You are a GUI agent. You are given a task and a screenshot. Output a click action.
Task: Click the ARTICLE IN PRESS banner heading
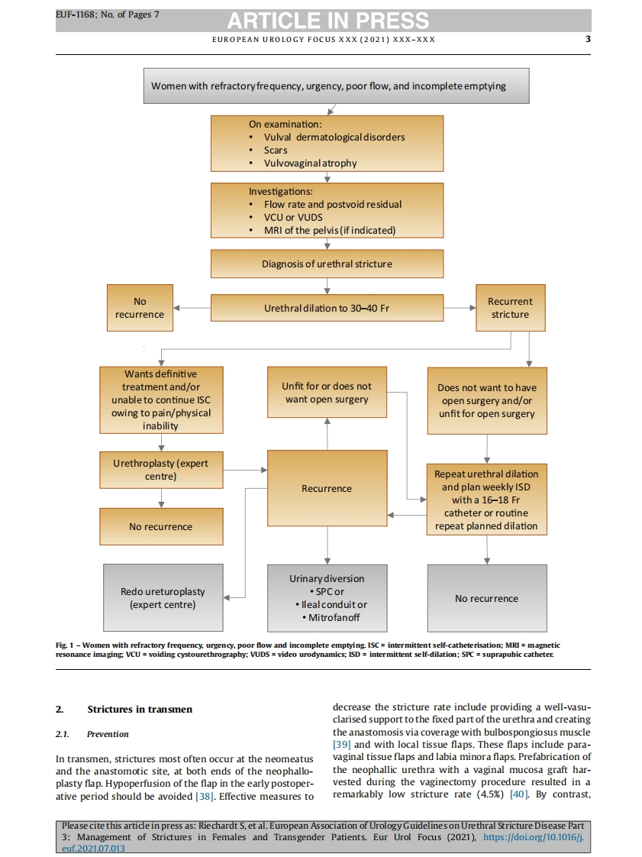[327, 21]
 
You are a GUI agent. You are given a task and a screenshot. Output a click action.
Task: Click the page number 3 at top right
[587, 39]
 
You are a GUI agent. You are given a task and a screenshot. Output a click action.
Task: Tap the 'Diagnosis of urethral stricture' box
[327, 264]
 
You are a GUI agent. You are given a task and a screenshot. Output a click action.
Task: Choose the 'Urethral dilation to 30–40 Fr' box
[327, 309]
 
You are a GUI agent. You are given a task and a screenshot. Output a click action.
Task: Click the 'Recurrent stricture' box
[510, 308]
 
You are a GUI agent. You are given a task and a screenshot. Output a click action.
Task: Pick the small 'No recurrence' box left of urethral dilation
[140, 308]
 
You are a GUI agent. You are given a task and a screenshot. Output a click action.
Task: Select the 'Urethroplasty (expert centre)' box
[161, 470]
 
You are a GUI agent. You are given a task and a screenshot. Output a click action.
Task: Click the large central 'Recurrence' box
[327, 489]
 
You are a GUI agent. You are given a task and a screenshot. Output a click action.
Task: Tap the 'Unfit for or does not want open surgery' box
[327, 393]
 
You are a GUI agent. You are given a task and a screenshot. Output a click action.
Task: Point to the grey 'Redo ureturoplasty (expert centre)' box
[163, 598]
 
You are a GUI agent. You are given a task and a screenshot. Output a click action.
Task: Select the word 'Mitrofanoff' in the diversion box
[334, 617]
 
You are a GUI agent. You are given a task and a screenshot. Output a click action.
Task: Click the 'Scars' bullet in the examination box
[276, 150]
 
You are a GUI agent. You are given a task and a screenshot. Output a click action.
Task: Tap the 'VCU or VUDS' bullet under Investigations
[292, 217]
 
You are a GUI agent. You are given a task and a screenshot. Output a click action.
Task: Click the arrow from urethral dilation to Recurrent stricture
[459, 309]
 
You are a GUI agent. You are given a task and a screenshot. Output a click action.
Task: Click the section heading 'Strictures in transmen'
[140, 710]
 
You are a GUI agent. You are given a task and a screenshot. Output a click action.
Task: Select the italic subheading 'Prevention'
[108, 734]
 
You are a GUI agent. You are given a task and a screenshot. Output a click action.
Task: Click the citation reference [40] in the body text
[519, 795]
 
